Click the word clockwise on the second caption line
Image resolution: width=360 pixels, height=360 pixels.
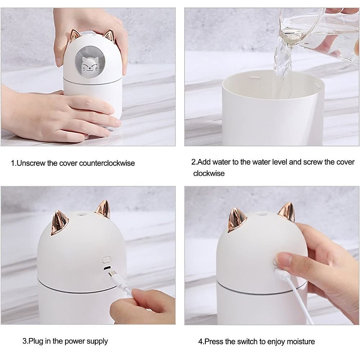[x=209, y=173]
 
